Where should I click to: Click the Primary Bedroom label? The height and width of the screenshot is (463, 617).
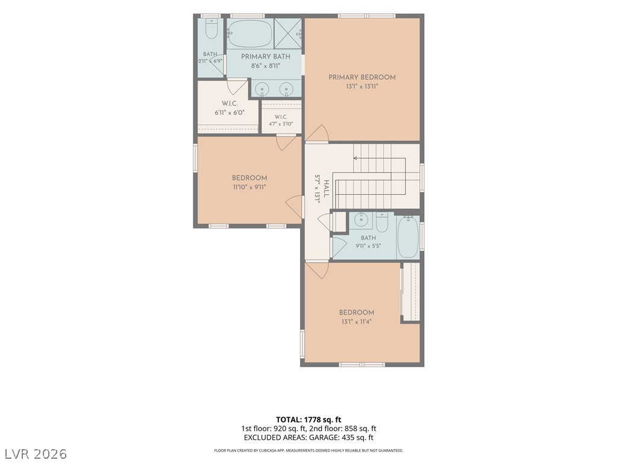coord(362,77)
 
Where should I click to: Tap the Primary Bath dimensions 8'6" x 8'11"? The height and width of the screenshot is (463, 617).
coord(266,66)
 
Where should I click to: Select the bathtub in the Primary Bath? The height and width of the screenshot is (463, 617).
coord(249,34)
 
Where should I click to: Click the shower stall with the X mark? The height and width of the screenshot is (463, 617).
coord(287,33)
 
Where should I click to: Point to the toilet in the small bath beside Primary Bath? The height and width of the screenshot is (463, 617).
coord(211,29)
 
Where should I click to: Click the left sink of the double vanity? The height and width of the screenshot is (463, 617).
coord(262,89)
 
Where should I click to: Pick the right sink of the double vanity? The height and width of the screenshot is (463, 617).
coord(286,89)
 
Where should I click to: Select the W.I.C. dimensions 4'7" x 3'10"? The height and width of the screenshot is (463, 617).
coord(281,124)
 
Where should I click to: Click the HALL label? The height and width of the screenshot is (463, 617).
coord(326,189)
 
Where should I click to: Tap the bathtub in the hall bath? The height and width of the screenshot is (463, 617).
coord(408,236)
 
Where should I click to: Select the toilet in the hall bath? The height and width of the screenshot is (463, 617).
coord(381,222)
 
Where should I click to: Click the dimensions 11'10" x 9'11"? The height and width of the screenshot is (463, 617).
coord(249,187)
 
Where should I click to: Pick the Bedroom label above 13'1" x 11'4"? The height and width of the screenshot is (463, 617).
coord(357,313)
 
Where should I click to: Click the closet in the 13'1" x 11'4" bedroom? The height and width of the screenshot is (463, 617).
coord(411,292)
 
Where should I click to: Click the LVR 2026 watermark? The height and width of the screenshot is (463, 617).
coord(34,454)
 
